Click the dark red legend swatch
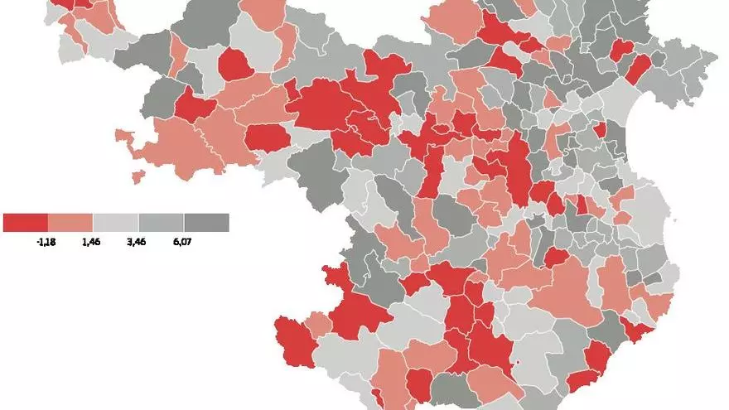[x=26, y=223]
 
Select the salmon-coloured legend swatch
[x=70, y=223]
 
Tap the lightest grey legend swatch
[x=116, y=223]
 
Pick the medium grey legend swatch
[x=161, y=223]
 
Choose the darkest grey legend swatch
[x=206, y=223]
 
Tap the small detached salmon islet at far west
[x=138, y=176]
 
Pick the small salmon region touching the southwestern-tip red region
[x=320, y=323]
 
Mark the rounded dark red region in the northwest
[x=235, y=63]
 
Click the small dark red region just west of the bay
[x=600, y=129]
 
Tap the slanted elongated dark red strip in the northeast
[x=637, y=69]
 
